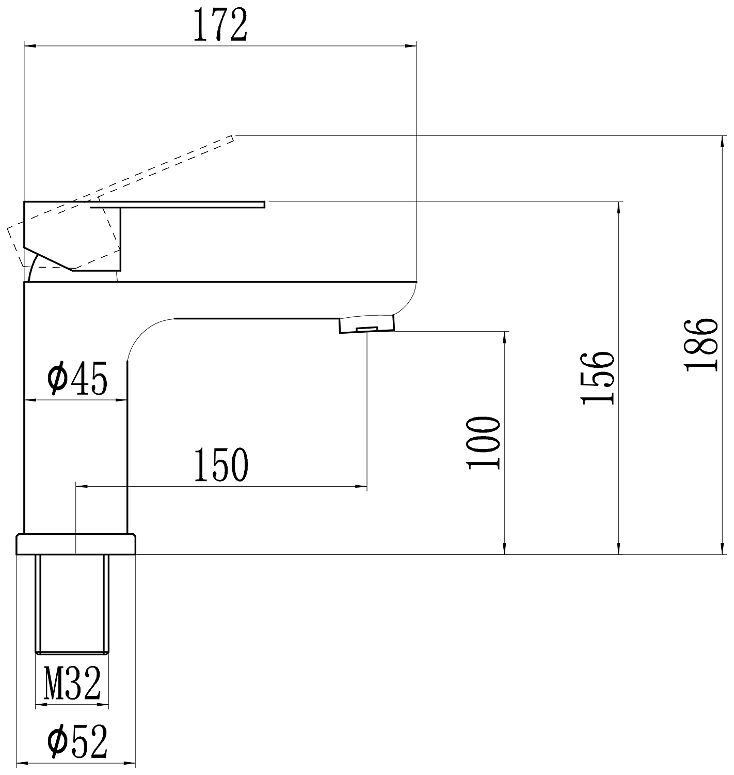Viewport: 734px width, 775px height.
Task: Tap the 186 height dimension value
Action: (x=701, y=345)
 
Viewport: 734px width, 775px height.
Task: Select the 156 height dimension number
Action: (x=598, y=378)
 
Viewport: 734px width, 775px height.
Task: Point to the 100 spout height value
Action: (x=483, y=443)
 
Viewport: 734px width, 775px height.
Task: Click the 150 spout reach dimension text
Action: (x=221, y=464)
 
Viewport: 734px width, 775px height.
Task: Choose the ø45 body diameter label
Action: (x=77, y=378)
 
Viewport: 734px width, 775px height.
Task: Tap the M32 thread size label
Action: (x=72, y=683)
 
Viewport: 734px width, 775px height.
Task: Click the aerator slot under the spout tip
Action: (x=367, y=329)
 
